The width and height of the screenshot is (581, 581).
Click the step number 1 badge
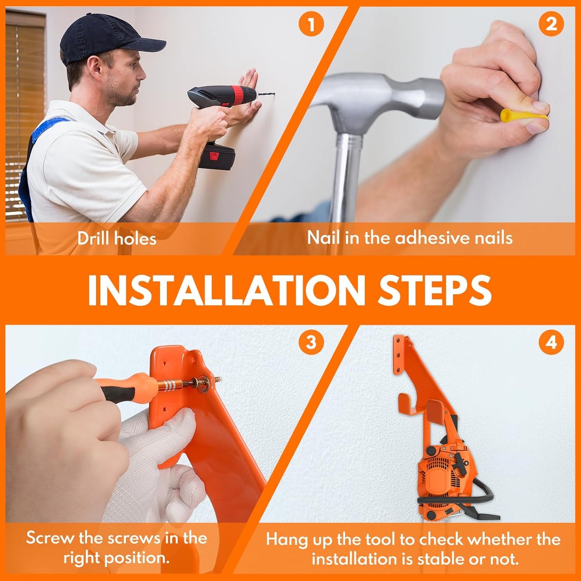tap(311, 25)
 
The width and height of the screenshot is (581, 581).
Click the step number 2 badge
tap(551, 25)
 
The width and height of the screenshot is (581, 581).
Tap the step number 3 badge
tap(311, 343)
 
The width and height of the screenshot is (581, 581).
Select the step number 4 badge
tap(551, 343)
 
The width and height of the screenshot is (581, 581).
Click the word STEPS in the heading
tap(434, 290)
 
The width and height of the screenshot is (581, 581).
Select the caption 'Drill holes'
tap(117, 239)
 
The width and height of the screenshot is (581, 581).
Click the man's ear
tap(96, 68)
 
